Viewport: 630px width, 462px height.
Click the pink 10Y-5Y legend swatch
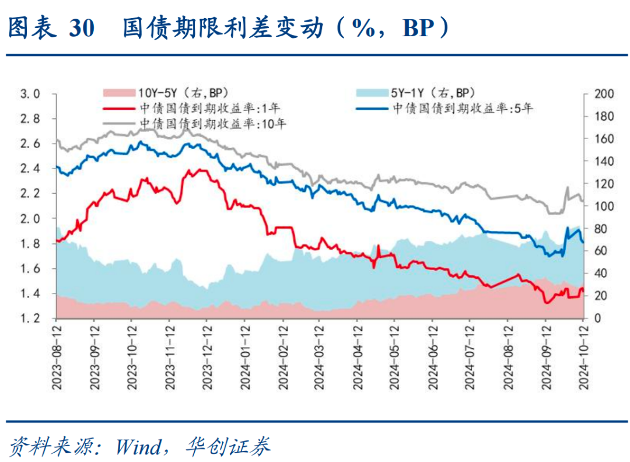pos(119,92)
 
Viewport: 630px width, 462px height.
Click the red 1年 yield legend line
pos(119,108)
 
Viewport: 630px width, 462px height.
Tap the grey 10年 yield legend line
pos(119,123)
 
